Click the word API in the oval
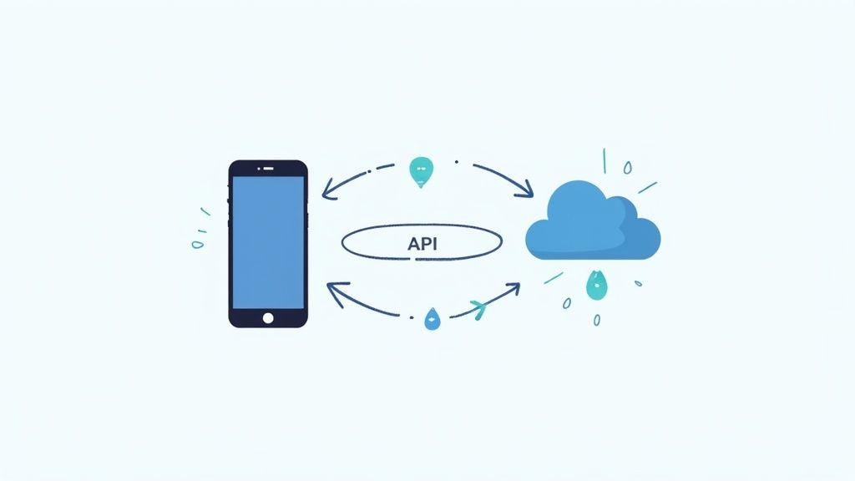click(x=422, y=244)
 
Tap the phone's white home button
click(x=268, y=316)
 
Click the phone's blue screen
click(x=268, y=242)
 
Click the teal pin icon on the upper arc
click(x=421, y=170)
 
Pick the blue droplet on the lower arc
click(x=432, y=317)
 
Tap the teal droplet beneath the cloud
click(x=596, y=285)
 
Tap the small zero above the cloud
click(x=628, y=168)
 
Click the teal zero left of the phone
click(x=197, y=245)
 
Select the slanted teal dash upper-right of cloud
click(x=647, y=187)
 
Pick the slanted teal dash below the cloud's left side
click(x=554, y=277)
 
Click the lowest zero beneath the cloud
click(x=596, y=319)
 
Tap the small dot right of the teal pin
click(x=456, y=162)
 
